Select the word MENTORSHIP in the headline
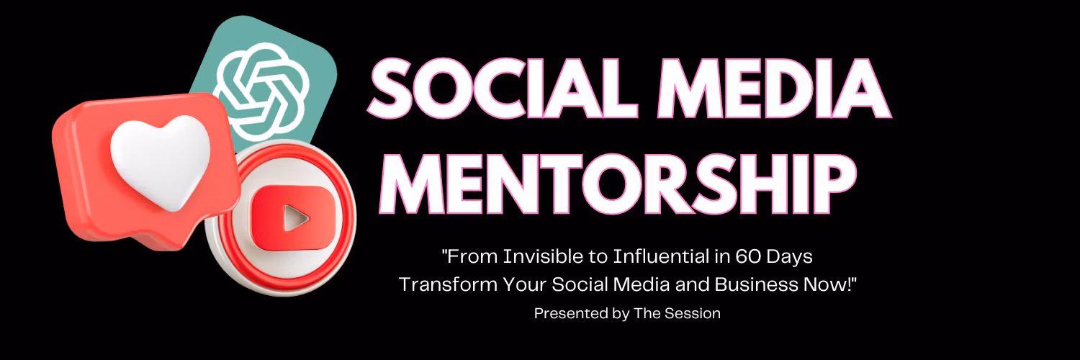(x=618, y=184)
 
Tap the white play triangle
(x=294, y=218)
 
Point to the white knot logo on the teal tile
(x=261, y=91)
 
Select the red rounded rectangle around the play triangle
(x=292, y=218)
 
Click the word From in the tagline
(x=472, y=257)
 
